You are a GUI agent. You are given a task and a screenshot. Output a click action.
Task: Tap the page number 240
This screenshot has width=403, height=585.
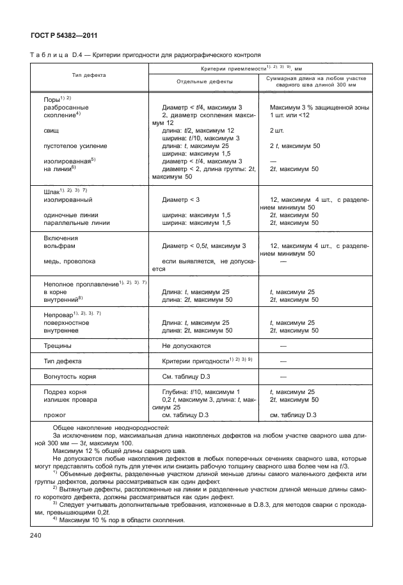[35, 536]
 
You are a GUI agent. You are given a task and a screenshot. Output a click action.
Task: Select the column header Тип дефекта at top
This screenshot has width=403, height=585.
[89, 75]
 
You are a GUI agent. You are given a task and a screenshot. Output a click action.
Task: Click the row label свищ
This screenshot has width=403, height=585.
[51, 130]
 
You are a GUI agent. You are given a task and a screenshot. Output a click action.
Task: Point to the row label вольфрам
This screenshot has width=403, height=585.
[58, 245]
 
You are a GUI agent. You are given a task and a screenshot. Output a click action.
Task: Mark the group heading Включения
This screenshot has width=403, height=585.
[60, 238]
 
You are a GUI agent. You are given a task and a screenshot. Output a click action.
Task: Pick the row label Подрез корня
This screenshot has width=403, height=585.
[65, 391]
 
